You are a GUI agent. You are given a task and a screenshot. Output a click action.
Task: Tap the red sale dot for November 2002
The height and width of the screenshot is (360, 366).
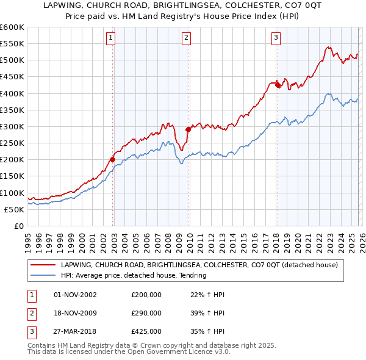pyautogui.click(x=113, y=159)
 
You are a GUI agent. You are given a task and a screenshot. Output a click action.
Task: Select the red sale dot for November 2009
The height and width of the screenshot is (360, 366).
pyautogui.click(x=188, y=129)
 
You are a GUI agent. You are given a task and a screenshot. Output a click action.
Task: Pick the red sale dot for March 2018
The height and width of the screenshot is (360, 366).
pyautogui.click(x=278, y=85)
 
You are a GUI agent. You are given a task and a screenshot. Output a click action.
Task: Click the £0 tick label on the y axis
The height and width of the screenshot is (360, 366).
pyautogui.click(x=20, y=226)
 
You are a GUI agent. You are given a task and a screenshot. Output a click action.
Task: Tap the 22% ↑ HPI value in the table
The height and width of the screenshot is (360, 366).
pyautogui.click(x=204, y=295)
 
